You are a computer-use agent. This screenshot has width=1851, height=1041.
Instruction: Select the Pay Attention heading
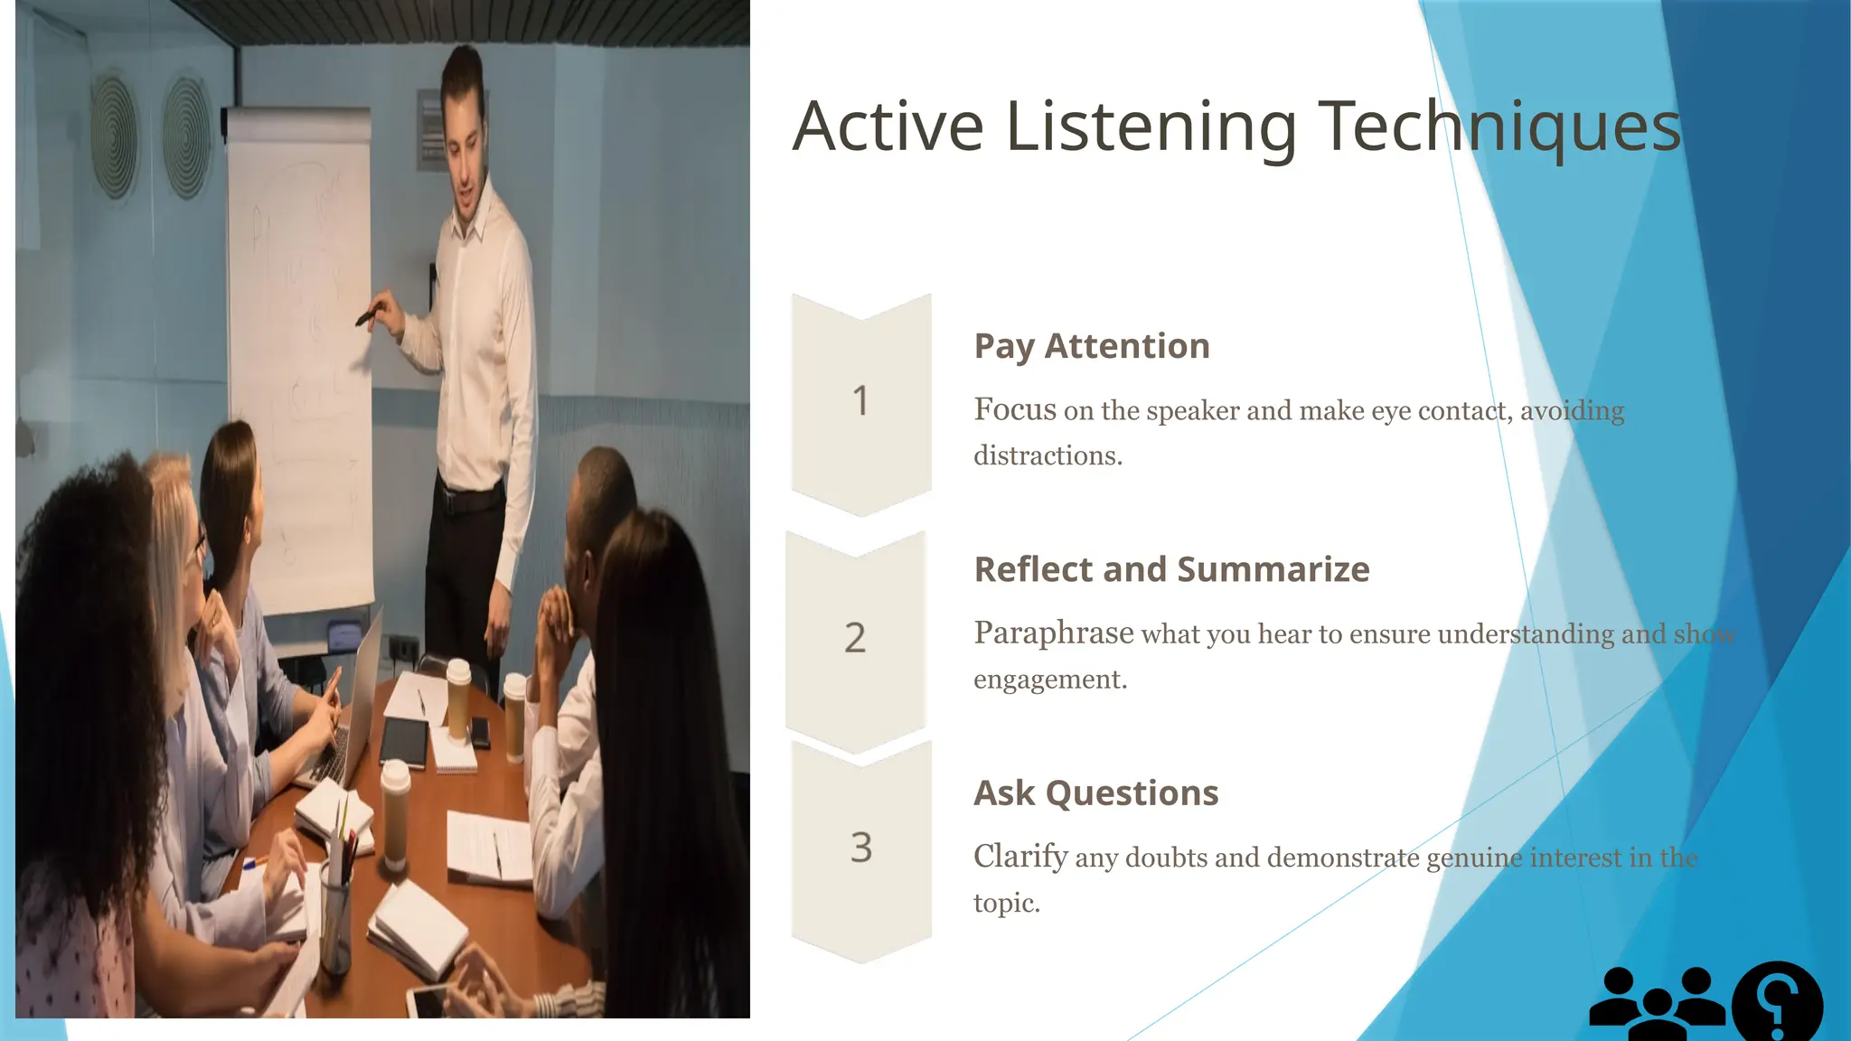pyautogui.click(x=1091, y=346)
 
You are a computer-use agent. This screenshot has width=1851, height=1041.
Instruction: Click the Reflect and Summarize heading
pyautogui.click(x=1171, y=569)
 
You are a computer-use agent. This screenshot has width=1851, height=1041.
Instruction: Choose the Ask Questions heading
pyautogui.click(x=1095, y=792)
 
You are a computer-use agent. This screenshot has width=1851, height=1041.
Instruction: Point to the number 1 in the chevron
pyautogui.click(x=860, y=401)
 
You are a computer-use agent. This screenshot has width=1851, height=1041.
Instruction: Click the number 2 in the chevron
pyautogui.click(x=855, y=638)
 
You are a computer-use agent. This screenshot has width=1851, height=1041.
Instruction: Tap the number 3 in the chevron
pyautogui.click(x=861, y=848)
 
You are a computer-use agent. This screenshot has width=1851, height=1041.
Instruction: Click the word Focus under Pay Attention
pyautogui.click(x=1014, y=409)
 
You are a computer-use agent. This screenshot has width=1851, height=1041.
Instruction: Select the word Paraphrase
pyautogui.click(x=1053, y=633)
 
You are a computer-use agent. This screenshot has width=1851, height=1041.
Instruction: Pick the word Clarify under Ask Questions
pyautogui.click(x=1020, y=856)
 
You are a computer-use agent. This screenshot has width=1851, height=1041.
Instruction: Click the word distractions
pyautogui.click(x=1047, y=455)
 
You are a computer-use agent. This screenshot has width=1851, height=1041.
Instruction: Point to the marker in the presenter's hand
pyautogui.click(x=367, y=314)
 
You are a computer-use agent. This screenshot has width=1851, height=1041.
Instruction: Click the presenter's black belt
pyautogui.click(x=468, y=499)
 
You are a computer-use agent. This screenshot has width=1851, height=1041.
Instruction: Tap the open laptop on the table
pyautogui.click(x=348, y=714)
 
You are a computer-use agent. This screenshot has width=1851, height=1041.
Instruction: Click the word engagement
pyautogui.click(x=1049, y=680)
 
